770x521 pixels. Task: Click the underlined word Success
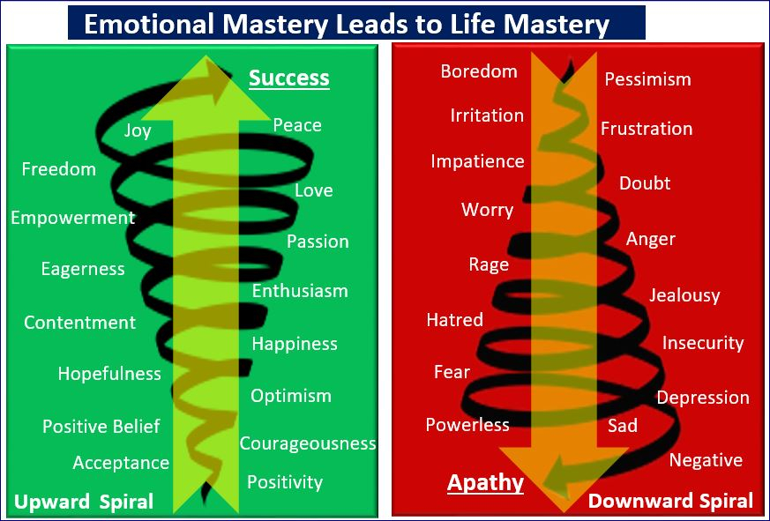[x=289, y=78]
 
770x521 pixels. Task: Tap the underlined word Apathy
[x=485, y=482]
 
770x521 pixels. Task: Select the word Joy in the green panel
[x=138, y=131]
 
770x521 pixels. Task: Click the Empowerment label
[x=73, y=218]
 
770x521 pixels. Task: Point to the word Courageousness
[x=308, y=444]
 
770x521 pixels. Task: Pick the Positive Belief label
[x=101, y=426]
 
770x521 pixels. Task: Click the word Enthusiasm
[x=300, y=291]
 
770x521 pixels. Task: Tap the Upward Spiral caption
[x=84, y=502]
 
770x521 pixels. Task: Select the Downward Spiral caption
[x=670, y=501]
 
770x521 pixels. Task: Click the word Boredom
[x=479, y=71]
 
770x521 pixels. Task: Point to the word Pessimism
[x=647, y=79]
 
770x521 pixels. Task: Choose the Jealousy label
[x=684, y=295]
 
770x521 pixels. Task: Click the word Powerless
[x=467, y=425]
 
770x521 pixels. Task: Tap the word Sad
[x=623, y=425]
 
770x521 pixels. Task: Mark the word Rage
[x=489, y=265]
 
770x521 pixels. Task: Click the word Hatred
[x=455, y=320]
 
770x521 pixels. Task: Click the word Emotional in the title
[x=149, y=24]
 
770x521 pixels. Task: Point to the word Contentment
[x=80, y=323]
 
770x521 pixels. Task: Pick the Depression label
[x=703, y=398]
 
